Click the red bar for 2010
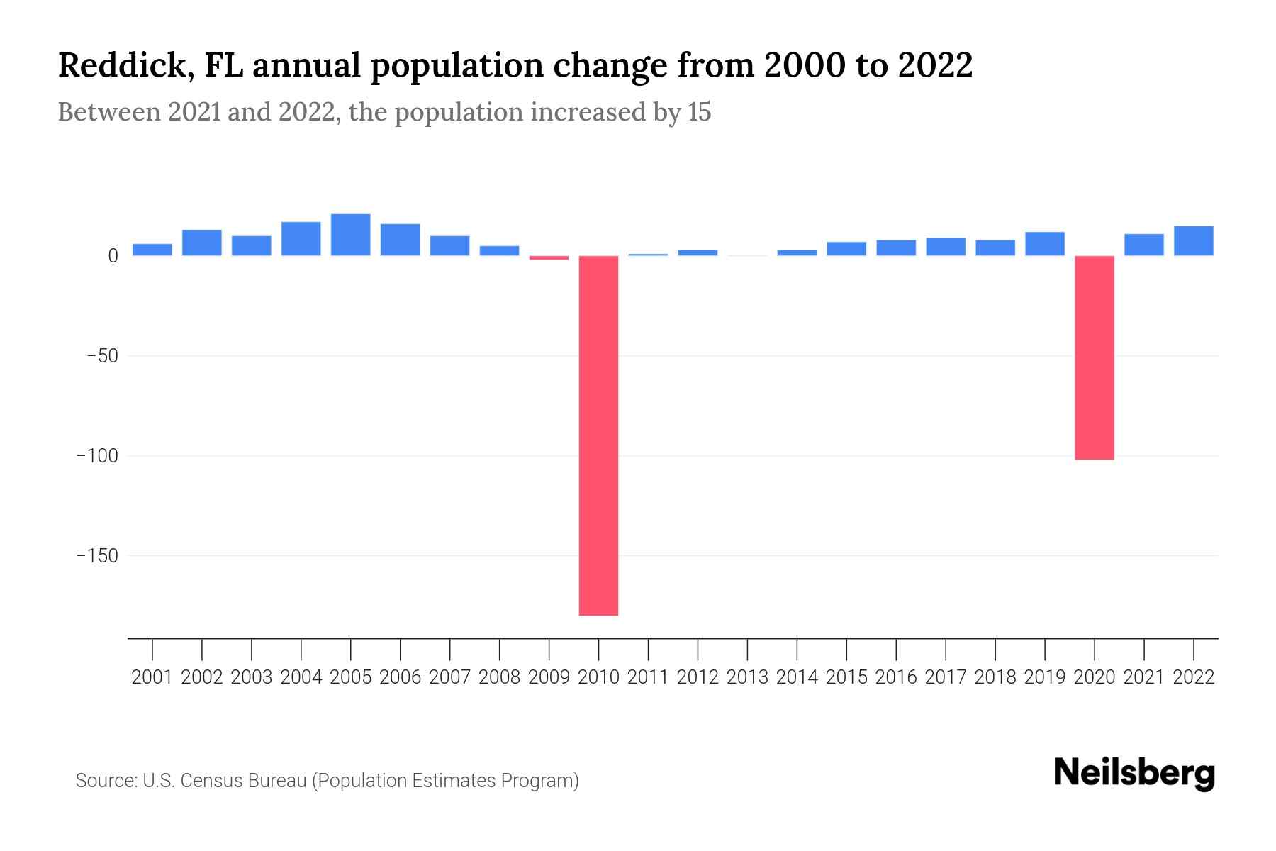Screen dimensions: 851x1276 point(598,435)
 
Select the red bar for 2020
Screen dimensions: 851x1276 point(1094,357)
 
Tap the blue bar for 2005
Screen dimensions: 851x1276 point(350,235)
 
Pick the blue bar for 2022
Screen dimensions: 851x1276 point(1193,241)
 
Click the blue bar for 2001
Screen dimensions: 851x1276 point(152,250)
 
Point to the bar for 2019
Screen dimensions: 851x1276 point(1044,244)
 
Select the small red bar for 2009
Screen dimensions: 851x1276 point(549,258)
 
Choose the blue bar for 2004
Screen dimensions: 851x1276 point(301,239)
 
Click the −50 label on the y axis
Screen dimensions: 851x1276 point(102,356)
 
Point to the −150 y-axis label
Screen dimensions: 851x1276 point(97,556)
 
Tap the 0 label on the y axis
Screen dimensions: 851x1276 point(113,256)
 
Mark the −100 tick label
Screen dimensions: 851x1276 point(97,456)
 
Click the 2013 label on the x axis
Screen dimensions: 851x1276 point(747,677)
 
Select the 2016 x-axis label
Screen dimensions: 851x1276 point(896,677)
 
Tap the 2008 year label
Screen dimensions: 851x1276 point(499,677)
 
